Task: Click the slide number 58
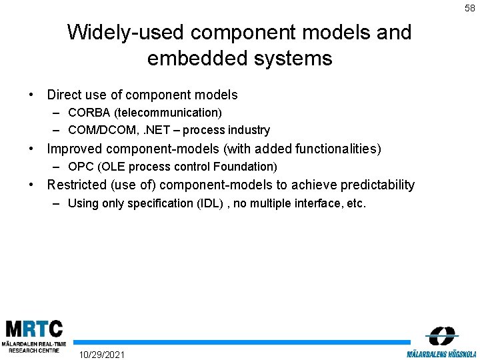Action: pyautogui.click(x=469, y=8)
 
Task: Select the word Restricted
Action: pyautogui.click(x=77, y=185)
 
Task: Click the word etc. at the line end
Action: pyautogui.click(x=355, y=203)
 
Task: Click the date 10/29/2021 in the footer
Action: pyautogui.click(x=101, y=353)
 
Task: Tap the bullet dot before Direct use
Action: pyautogui.click(x=32, y=95)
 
